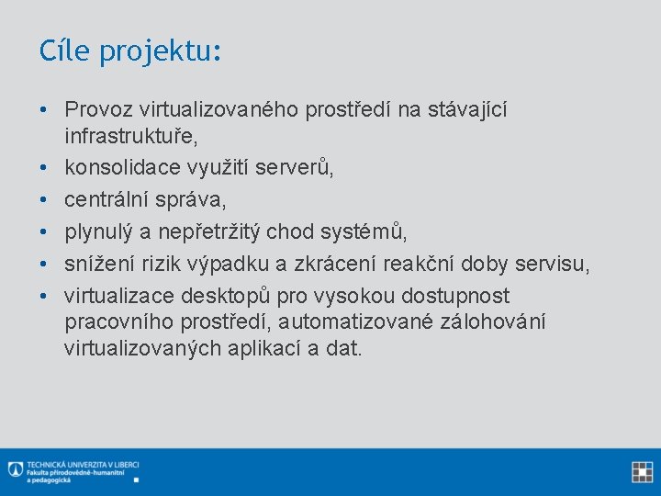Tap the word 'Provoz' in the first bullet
[x=98, y=110]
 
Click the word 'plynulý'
[x=96, y=231]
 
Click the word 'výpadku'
[x=231, y=264]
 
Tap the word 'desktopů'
[x=237, y=296]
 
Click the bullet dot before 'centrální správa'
[x=44, y=199]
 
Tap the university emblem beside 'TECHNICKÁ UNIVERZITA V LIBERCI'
[x=15, y=468]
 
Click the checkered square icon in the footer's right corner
[x=642, y=472]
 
